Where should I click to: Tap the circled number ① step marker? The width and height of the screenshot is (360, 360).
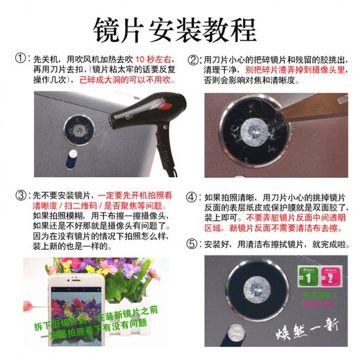tap(23, 61)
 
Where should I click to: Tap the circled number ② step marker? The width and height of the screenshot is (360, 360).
tap(192, 61)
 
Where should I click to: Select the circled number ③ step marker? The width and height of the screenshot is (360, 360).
tap(23, 197)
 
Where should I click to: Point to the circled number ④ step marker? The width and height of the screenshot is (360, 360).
tap(192, 197)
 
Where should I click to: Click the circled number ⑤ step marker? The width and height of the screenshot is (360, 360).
tap(192, 244)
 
